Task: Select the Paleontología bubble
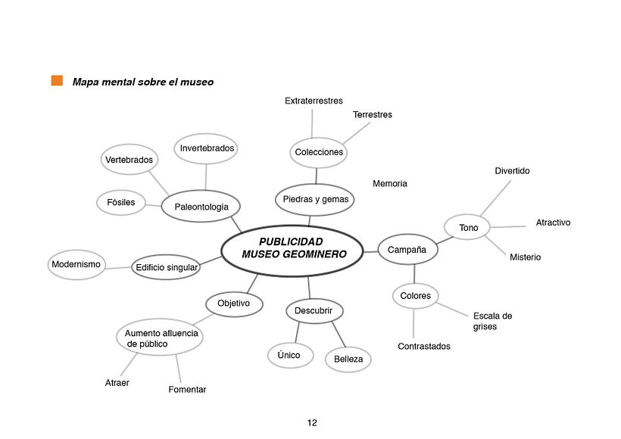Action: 201,206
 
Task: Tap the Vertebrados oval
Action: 130,160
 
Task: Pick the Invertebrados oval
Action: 207,148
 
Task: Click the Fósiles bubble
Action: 121,203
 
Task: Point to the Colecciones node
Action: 319,152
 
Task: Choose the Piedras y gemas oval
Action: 314,199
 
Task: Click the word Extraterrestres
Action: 314,101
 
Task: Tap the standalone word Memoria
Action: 390,184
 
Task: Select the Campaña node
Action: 407,249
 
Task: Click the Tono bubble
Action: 469,227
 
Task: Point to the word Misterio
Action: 525,257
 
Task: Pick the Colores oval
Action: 416,296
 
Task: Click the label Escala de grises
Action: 492,322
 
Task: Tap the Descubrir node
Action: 314,310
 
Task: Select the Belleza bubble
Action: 348,359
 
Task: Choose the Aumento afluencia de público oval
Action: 161,338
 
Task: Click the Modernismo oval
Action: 76,264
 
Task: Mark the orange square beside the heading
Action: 57,81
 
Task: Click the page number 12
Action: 312,422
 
